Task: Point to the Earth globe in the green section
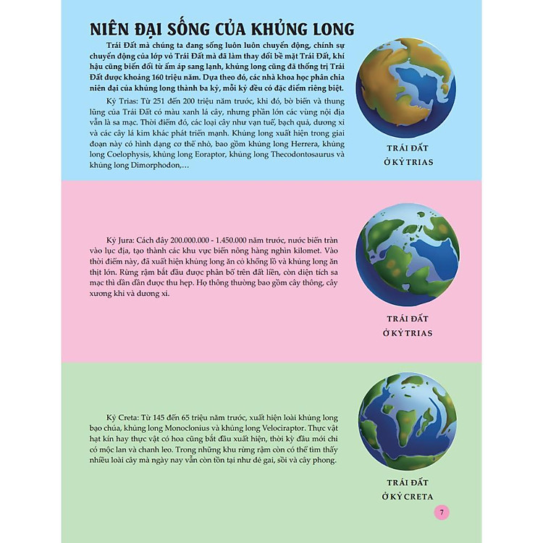[x=408, y=423]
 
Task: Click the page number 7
[x=442, y=513]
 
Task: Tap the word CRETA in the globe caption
[x=416, y=496]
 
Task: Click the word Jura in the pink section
[x=119, y=239]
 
